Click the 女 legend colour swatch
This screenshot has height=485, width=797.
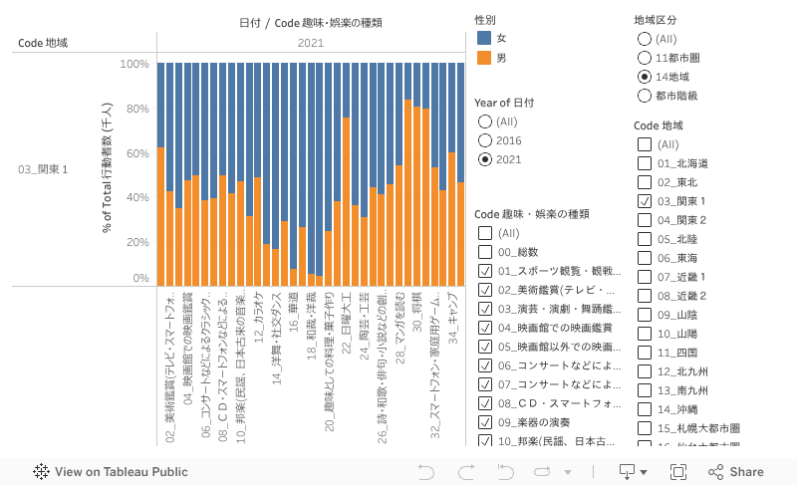coord(484,37)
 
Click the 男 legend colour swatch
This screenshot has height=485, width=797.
coord(484,58)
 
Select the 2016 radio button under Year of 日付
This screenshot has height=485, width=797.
coord(485,140)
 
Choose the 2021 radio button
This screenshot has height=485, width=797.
coord(485,159)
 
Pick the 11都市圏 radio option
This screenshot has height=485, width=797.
coord(645,58)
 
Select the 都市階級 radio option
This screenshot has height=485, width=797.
coord(645,96)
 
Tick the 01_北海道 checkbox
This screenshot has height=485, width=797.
coord(645,163)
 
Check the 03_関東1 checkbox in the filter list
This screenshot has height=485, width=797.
coord(645,201)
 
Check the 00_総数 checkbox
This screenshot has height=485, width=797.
coord(485,252)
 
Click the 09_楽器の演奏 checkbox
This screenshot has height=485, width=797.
coord(485,422)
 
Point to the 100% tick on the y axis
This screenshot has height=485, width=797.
coord(134,64)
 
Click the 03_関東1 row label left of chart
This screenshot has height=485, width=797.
coord(44,169)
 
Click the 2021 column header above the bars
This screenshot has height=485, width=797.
coord(310,43)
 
